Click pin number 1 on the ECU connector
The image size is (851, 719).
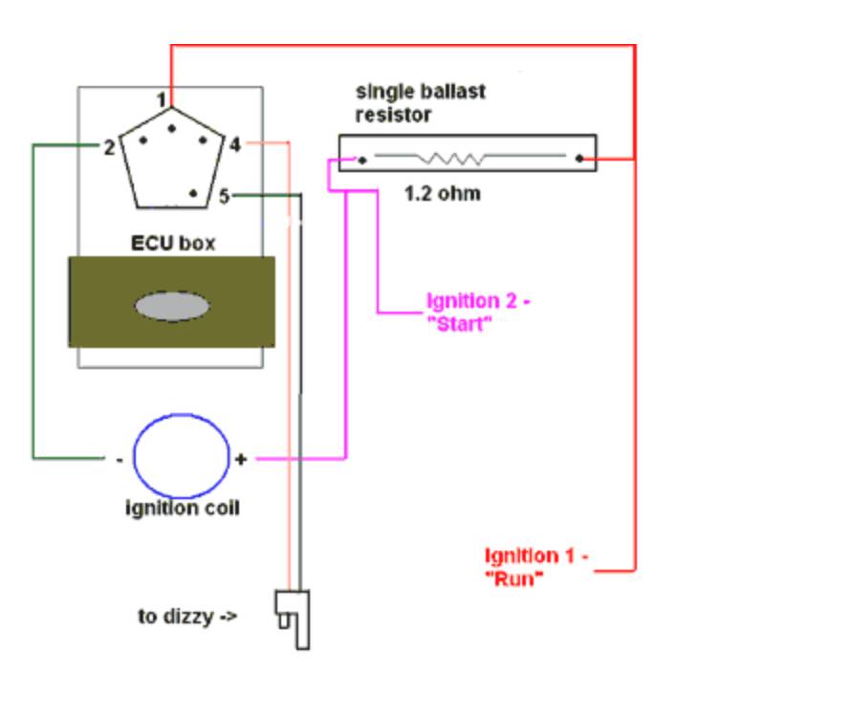coord(164,99)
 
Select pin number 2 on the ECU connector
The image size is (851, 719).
coord(109,147)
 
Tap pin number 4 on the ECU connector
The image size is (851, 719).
coord(234,145)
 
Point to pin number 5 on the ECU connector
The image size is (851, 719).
coord(224,196)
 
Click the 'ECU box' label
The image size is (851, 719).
coord(172,243)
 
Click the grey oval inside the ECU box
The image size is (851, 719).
coord(171,307)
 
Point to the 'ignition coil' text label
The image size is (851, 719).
coord(182,508)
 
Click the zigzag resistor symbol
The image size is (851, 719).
coord(457,158)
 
